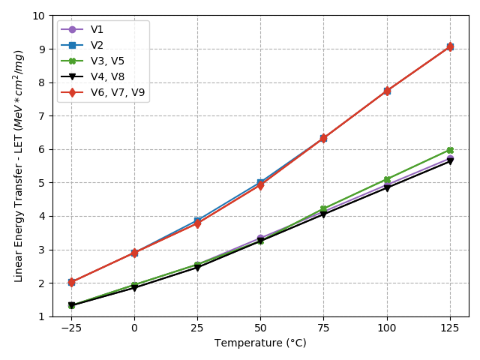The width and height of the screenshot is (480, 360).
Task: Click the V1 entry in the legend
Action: (x=97, y=30)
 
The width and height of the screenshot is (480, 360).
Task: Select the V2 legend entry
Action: (x=97, y=46)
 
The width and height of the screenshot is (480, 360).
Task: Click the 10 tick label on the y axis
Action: (x=37, y=16)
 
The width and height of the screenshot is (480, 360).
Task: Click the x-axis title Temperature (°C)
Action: (x=260, y=343)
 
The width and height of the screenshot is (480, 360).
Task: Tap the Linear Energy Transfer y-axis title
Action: (x=19, y=166)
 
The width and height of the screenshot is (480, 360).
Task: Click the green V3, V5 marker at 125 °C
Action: (x=450, y=150)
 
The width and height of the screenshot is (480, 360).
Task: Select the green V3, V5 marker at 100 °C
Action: (x=387, y=180)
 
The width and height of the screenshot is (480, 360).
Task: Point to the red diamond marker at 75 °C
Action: (x=323, y=138)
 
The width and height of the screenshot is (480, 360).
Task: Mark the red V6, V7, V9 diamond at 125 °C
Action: (x=450, y=46)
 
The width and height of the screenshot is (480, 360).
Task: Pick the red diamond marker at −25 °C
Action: (x=71, y=282)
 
